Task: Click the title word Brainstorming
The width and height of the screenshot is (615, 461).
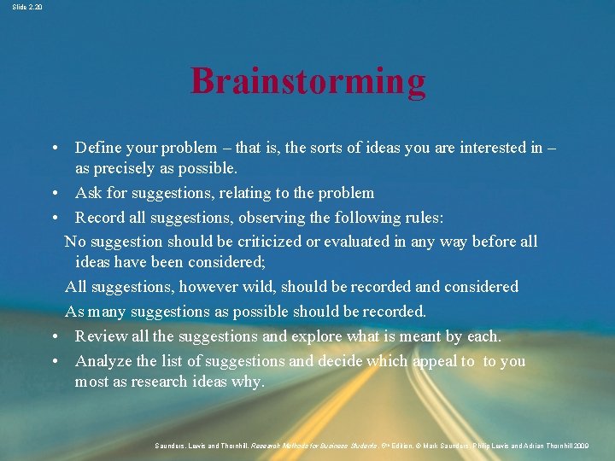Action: (x=307, y=81)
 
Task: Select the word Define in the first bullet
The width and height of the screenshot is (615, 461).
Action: (x=98, y=149)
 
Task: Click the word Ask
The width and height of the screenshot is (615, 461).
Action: (x=89, y=193)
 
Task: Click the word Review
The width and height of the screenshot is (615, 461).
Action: (x=102, y=336)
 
